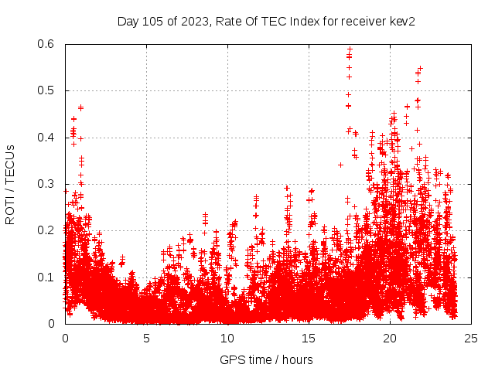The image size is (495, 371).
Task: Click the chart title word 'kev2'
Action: coord(402,21)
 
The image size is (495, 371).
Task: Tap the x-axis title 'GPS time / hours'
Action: coord(266,359)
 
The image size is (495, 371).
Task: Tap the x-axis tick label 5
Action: coord(146,338)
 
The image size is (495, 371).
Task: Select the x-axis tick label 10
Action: coord(227,338)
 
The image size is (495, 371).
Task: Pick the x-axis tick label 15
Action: coord(309,338)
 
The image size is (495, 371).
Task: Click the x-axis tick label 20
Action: coord(390,338)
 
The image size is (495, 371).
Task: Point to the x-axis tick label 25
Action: coord(471,338)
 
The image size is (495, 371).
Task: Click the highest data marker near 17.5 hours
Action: coord(350,49)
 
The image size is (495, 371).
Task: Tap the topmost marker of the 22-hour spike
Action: coord(420,68)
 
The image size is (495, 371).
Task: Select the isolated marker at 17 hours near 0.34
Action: coord(340,165)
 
